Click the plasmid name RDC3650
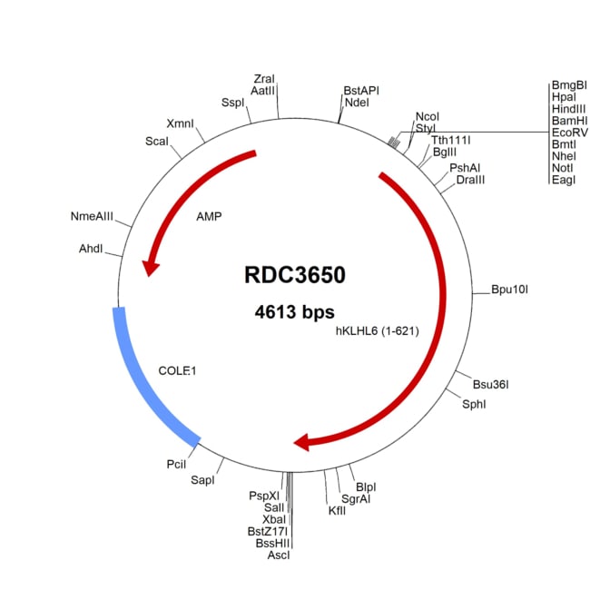click(294, 274)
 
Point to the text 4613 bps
click(294, 311)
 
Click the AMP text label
click(209, 217)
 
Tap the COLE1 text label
click(178, 370)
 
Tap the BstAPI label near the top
click(361, 91)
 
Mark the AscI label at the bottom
click(279, 555)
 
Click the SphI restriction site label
click(474, 403)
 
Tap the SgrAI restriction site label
click(355, 498)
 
